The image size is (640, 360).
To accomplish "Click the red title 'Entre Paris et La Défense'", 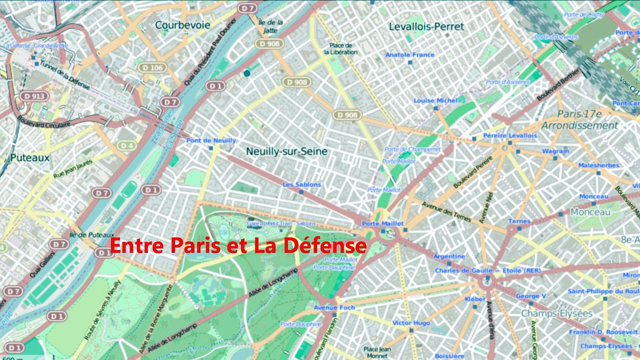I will (x=238, y=246).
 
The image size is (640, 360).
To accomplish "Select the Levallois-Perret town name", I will (x=426, y=26).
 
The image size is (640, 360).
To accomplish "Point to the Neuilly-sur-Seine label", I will (x=286, y=151).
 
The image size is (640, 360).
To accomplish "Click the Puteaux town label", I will (x=30, y=158).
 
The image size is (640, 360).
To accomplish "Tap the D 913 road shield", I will (x=34, y=96).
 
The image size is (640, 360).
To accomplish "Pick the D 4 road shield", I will (x=128, y=145).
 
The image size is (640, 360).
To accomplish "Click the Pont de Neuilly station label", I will (x=210, y=140).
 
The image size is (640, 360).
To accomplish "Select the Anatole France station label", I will (x=410, y=55).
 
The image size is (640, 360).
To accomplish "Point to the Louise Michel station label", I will (x=435, y=100).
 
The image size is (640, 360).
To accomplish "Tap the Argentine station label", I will (x=449, y=256).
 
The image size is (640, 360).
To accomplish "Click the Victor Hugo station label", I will (x=411, y=323).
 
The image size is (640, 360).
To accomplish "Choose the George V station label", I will (x=531, y=296).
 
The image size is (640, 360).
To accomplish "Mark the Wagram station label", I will (x=555, y=151).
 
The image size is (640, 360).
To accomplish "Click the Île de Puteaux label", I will (x=92, y=234).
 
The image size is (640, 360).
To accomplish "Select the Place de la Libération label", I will (x=340, y=48).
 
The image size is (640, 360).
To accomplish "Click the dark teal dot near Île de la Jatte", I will (x=247, y=73).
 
